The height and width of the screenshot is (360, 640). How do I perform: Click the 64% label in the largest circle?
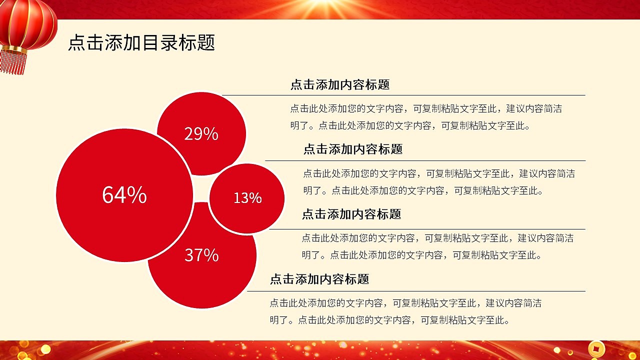[124, 195]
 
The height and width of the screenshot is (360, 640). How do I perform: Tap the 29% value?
[201, 133]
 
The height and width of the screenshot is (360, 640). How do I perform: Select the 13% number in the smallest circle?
[247, 198]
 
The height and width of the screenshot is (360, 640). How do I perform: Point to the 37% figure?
[201, 255]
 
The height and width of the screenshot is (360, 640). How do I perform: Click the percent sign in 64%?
[137, 195]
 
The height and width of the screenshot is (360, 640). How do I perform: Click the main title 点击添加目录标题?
[141, 42]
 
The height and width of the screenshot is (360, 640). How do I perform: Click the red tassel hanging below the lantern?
[13, 62]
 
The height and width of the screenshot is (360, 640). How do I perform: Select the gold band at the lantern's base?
[14, 49]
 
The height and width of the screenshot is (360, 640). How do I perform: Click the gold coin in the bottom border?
[596, 349]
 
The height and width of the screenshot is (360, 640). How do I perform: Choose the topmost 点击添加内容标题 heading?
[340, 84]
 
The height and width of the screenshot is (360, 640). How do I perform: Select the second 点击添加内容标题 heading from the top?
[353, 149]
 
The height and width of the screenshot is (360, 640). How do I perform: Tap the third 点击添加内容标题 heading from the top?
[351, 214]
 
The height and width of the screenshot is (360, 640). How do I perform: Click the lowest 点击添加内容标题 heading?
[319, 279]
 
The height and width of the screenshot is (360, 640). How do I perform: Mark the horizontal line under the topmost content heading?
[403, 95]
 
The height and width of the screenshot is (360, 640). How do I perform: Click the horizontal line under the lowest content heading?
[416, 291]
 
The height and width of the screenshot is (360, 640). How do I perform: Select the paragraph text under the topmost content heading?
[426, 117]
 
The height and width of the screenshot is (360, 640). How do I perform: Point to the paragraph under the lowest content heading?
[405, 311]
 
